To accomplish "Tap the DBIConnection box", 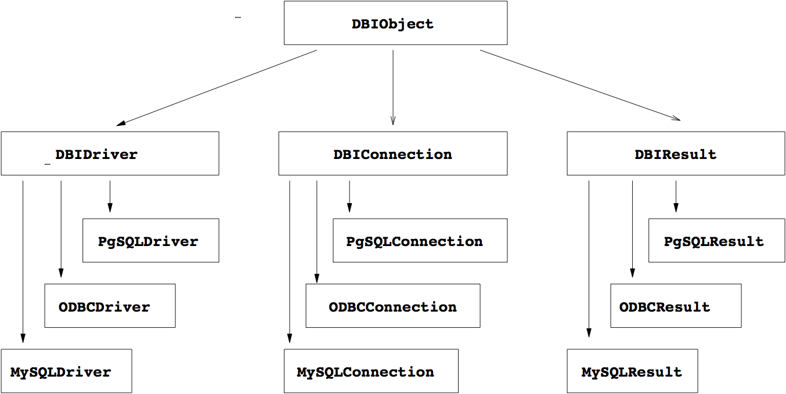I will tap(392, 153).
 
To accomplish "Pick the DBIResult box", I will tap(675, 153).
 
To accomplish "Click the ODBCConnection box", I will tap(392, 306).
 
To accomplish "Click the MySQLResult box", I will tap(632, 371).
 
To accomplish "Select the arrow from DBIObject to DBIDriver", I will tap(217, 88).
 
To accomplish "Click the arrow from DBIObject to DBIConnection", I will tap(393, 87).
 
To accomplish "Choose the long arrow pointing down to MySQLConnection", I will tap(289, 261).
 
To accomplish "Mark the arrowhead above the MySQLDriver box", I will tap(23, 338).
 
